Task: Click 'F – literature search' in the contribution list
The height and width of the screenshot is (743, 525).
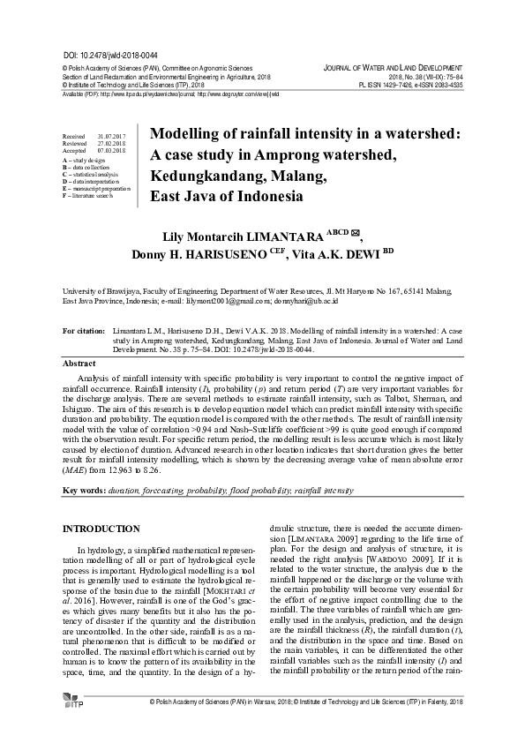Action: click(x=89, y=195)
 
